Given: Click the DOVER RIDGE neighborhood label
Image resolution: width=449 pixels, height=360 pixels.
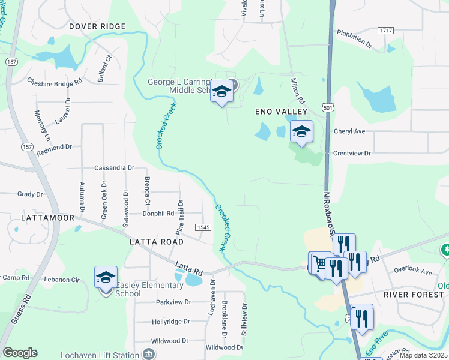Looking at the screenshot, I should pyautogui.click(x=97, y=26).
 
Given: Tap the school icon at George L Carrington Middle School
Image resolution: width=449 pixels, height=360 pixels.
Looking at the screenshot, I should pyautogui.click(x=221, y=92).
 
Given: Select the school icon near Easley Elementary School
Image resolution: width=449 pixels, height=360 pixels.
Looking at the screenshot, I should pyautogui.click(x=106, y=278).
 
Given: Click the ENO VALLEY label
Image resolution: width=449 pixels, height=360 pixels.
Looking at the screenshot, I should pyautogui.click(x=281, y=112).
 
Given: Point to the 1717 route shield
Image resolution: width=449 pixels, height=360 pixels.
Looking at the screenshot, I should pyautogui.click(x=386, y=30).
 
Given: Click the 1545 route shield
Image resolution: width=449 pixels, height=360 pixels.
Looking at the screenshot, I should pyautogui.click(x=202, y=227).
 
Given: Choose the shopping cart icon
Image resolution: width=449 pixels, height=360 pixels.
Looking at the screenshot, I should pyautogui.click(x=321, y=263).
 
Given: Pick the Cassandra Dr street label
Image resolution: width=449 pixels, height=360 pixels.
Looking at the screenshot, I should pyautogui.click(x=114, y=168).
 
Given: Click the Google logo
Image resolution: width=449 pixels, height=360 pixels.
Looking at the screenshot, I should pyautogui.click(x=20, y=353).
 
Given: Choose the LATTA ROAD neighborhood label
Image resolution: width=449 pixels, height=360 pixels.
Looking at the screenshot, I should pyautogui.click(x=156, y=241).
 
